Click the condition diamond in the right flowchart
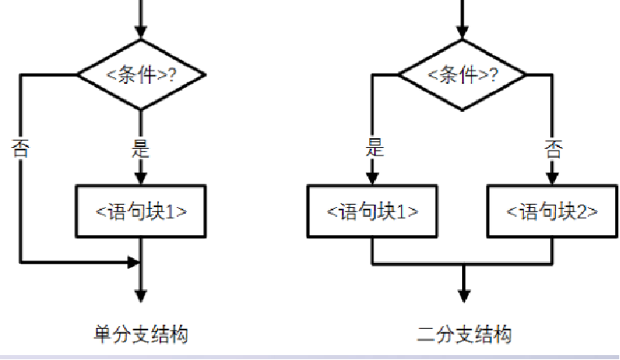click(464, 75)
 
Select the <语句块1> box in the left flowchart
click(141, 210)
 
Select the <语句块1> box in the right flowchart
click(372, 210)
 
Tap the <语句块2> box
click(553, 210)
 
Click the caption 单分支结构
click(141, 335)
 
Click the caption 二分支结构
click(464, 335)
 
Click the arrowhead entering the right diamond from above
click(464, 32)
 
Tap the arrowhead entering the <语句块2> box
click(553, 177)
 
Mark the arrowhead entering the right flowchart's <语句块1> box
click(372, 177)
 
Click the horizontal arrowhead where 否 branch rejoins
click(132, 263)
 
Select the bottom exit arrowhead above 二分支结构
click(464, 297)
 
